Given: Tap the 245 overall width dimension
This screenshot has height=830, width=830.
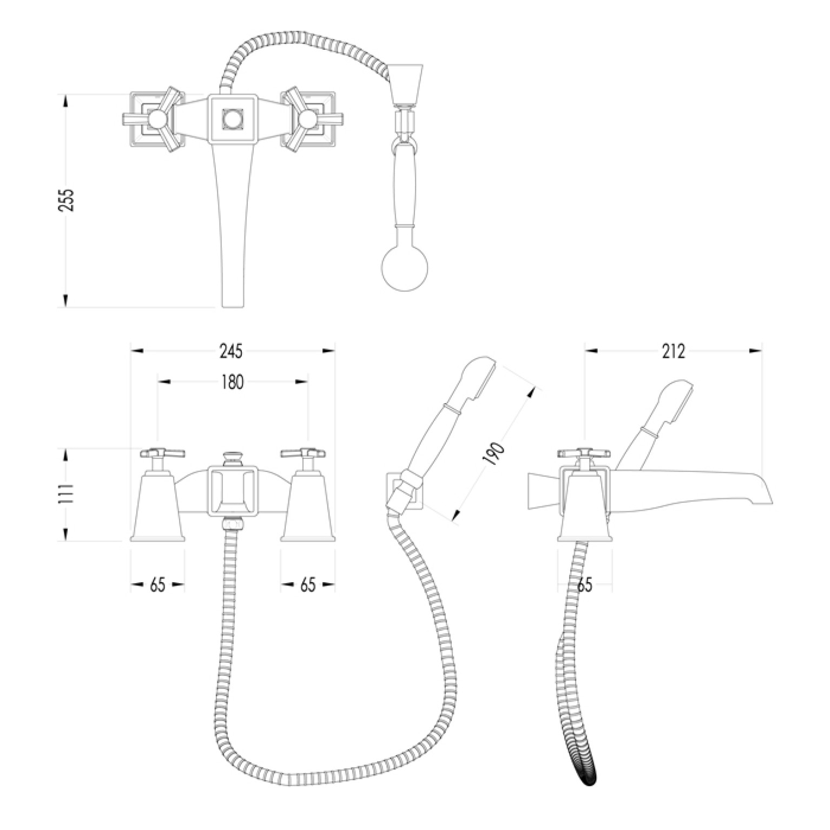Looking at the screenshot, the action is click(232, 351).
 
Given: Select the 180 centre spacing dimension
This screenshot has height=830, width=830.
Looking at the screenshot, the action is click(233, 382).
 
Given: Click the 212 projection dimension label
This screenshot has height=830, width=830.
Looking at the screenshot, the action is click(673, 351).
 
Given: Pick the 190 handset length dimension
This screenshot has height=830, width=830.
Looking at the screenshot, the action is click(495, 454).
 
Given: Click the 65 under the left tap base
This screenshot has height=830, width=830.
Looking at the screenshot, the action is click(157, 584).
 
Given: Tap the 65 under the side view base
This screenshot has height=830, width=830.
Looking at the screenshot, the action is click(585, 584).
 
